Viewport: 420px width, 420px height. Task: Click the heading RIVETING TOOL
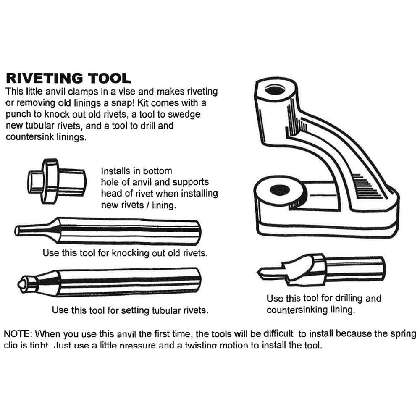(68, 78)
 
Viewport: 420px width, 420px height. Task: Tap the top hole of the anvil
(275, 89)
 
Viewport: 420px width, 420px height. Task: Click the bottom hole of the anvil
(279, 190)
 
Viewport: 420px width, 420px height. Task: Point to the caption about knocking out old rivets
(126, 253)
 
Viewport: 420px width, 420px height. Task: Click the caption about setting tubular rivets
(130, 310)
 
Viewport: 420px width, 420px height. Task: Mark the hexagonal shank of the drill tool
(355, 269)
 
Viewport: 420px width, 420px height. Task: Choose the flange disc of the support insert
(49, 181)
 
